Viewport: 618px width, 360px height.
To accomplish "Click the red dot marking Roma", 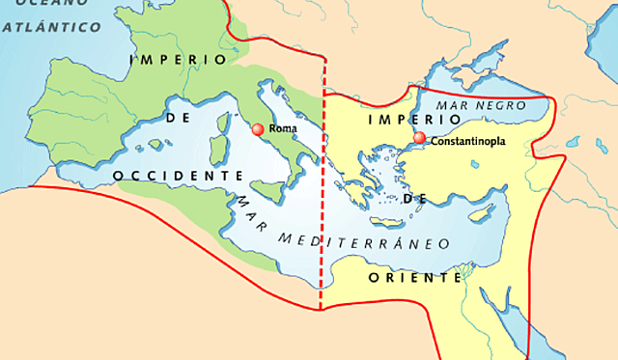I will point(257,129).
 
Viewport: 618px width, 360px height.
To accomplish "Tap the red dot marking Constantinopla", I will point(419,139).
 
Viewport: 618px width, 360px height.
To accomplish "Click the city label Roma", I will point(283,128).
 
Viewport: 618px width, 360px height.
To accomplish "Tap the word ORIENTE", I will point(415,277).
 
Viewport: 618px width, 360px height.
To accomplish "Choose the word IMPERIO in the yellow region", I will point(399,119).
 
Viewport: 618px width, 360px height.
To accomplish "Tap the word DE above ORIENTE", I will point(414,198).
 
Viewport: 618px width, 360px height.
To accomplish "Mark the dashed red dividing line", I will point(321,193).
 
